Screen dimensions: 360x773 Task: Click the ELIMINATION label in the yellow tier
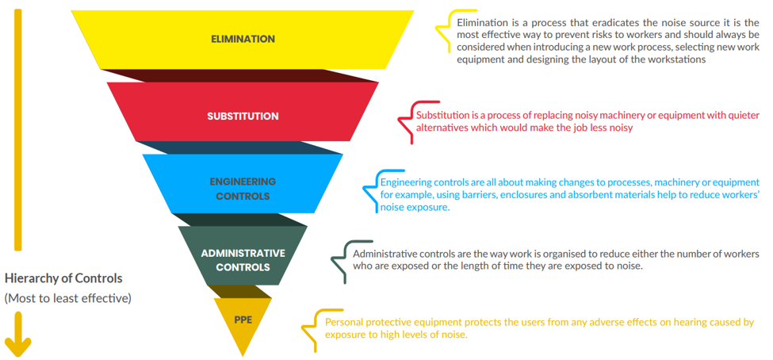[x=243, y=39]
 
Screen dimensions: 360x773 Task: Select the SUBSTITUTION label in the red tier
[x=243, y=116]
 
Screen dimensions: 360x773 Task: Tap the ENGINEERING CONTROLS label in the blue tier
[x=243, y=188]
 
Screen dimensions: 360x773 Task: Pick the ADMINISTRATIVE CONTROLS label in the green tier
[x=243, y=260]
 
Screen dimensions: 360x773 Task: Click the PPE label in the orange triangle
[x=243, y=320]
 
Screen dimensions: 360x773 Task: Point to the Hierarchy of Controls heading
[x=63, y=278]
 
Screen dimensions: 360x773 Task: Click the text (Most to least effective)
[x=68, y=299]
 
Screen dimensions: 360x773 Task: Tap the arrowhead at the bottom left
[x=18, y=346]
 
